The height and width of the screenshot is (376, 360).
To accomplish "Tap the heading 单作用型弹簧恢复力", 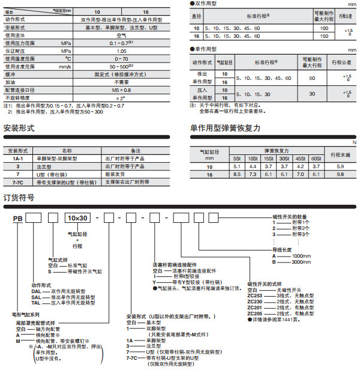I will click(225, 128).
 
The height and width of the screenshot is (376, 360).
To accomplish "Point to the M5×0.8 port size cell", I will click(121, 89).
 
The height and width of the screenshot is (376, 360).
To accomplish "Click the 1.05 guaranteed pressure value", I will click(121, 51).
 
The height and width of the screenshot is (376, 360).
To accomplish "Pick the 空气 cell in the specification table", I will click(121, 35).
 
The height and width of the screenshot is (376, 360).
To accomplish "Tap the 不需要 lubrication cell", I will click(121, 82).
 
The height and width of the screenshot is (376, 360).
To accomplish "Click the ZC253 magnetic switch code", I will click(256, 296).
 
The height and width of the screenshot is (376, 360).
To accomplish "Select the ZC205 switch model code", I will click(256, 314).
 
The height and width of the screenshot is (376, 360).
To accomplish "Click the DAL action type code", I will click(38, 291).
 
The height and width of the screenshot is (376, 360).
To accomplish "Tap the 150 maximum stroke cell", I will click(324, 36).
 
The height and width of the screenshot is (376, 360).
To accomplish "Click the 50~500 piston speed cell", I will click(121, 66).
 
